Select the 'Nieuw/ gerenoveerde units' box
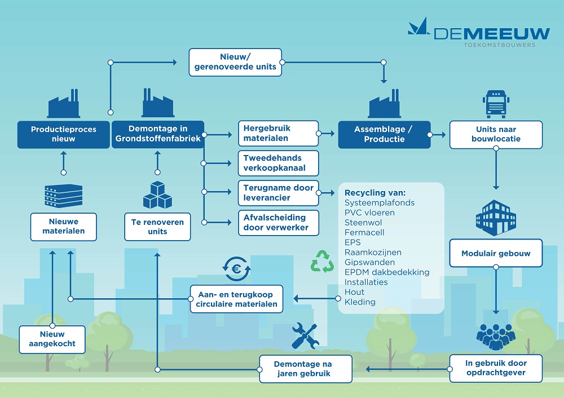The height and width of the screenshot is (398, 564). coord(235,62)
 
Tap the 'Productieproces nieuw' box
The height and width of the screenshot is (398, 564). coord(63,134)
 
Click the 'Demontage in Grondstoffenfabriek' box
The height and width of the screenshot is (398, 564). coord(157,134)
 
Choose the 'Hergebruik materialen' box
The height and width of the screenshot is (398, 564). coord(278,134)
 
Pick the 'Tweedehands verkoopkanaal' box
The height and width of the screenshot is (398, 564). coord(278,163)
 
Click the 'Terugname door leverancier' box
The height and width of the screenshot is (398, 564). coord(278,193)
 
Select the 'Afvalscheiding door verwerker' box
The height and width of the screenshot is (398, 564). coord(278,223)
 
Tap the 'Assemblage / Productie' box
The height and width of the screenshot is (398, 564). coord(384,134)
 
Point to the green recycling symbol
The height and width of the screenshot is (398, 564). coord(323,262)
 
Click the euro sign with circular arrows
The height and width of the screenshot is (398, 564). coord(236,269)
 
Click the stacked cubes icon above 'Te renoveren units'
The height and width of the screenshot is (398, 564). coord(157,194)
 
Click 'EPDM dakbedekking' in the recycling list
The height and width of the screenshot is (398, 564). coord(387,272)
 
